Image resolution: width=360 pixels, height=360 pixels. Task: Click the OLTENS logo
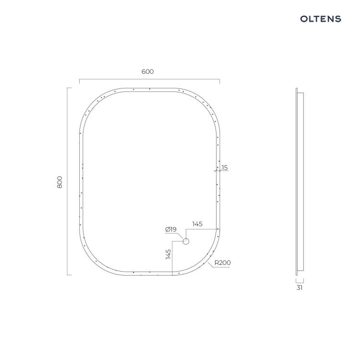point(321,19)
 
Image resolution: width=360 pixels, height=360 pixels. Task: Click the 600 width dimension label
point(148,72)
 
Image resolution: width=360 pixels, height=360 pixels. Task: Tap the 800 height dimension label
point(60,182)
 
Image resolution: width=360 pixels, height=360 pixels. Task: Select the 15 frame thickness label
point(225,168)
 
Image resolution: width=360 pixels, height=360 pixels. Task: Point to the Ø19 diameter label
point(171,229)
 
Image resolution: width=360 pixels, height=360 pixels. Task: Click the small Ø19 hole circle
point(186,241)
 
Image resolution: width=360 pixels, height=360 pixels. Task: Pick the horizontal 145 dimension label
point(197,224)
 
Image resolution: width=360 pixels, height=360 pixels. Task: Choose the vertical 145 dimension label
point(168,254)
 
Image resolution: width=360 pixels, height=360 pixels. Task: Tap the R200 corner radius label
point(222,263)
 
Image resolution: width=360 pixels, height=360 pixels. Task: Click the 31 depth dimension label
point(300,288)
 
